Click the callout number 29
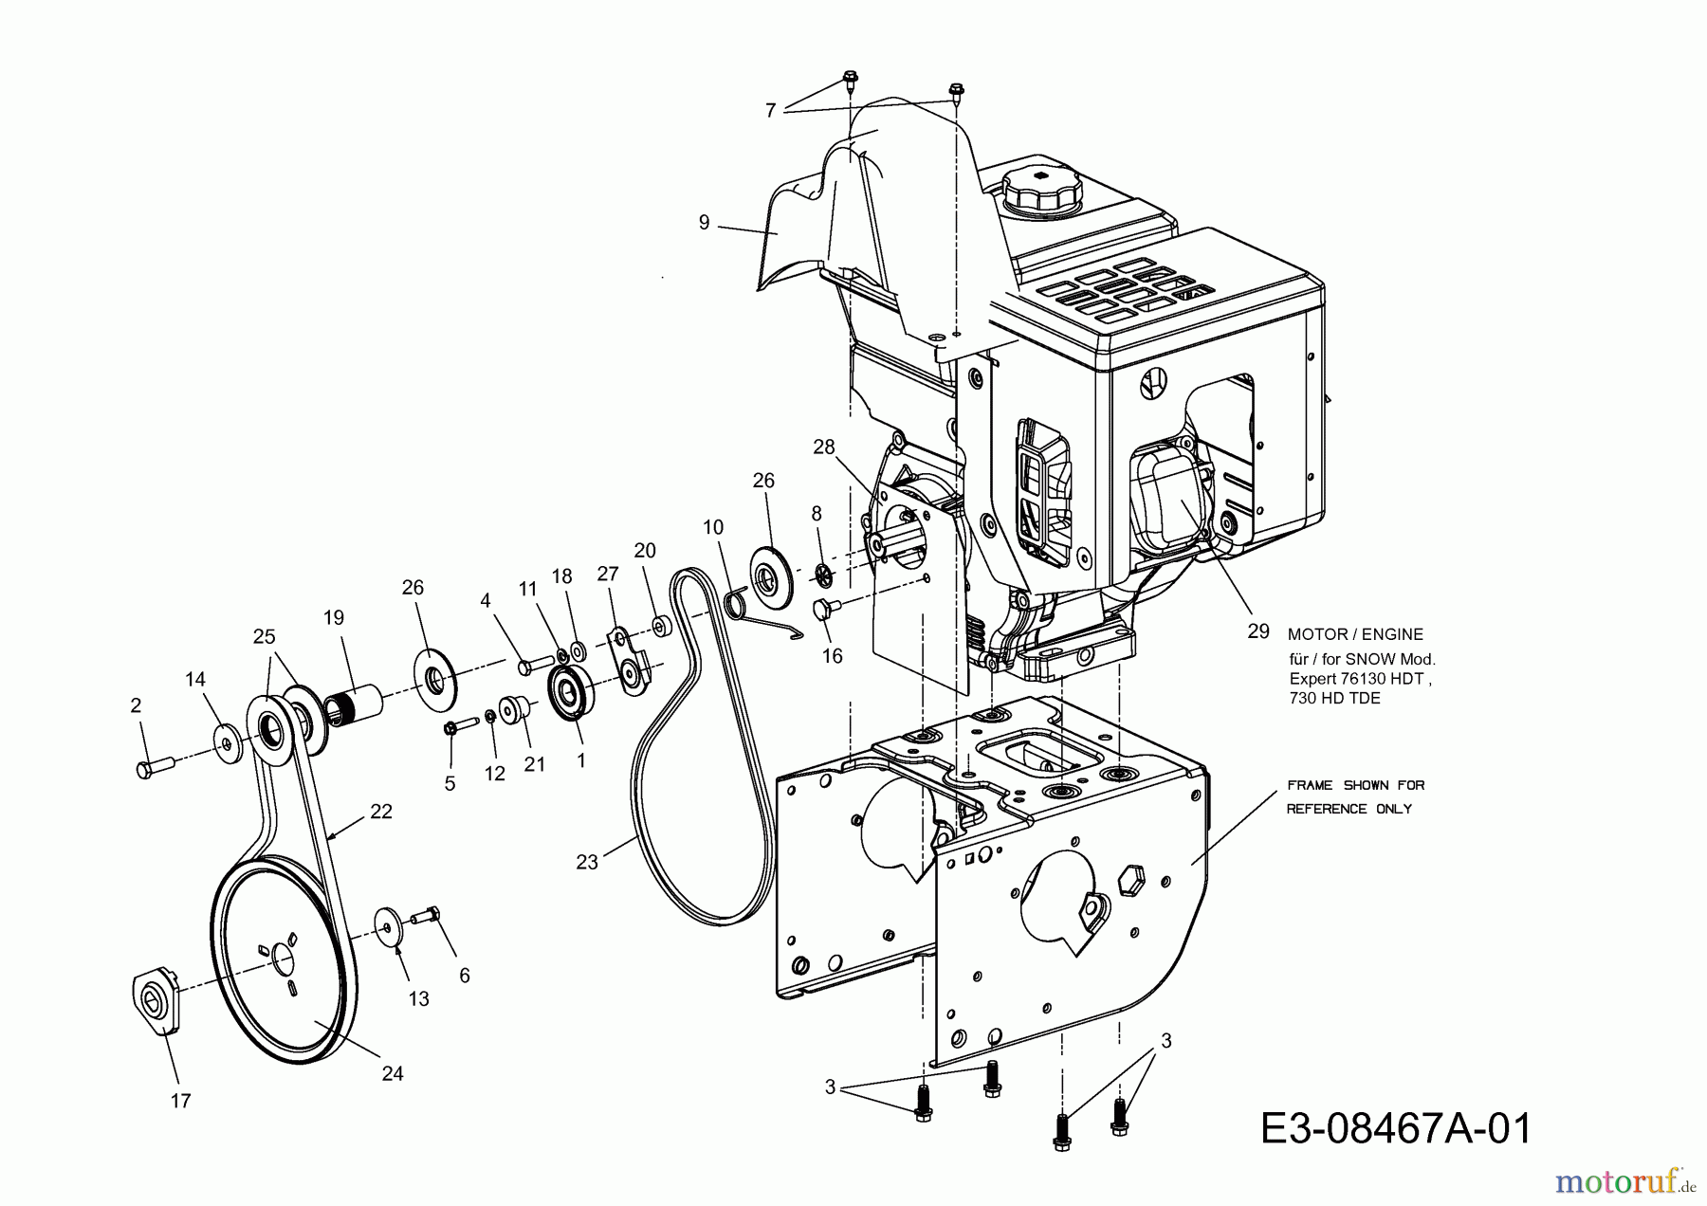point(1257,630)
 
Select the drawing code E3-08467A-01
point(1397,1129)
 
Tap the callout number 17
point(180,1101)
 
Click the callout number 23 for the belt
point(587,863)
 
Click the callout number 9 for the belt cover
point(704,223)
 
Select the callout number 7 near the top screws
point(770,111)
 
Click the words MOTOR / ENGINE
point(1355,634)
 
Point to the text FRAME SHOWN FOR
point(1355,785)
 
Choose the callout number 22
point(380,812)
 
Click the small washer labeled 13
point(388,925)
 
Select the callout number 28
point(823,446)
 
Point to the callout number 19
point(333,618)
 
